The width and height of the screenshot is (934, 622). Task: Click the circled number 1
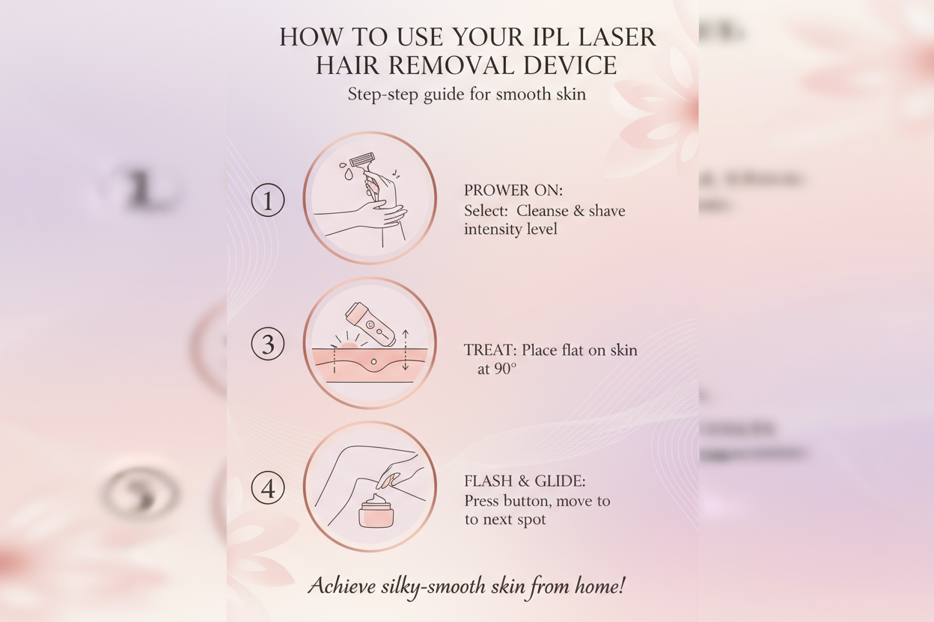point(267,200)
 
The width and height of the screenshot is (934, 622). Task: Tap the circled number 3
point(267,345)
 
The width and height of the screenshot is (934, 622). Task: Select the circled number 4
point(267,489)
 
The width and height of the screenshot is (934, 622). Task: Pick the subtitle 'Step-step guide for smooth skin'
point(466,94)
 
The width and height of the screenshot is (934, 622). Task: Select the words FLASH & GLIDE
point(523,481)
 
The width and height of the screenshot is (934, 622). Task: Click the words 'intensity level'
point(510,230)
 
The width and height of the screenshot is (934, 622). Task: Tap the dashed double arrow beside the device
point(405,349)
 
